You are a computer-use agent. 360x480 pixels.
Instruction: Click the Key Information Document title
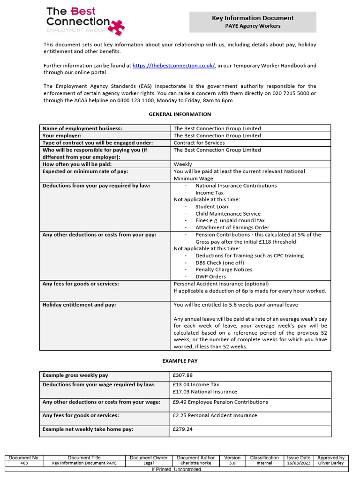253,18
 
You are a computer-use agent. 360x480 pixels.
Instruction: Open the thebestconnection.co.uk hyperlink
174,66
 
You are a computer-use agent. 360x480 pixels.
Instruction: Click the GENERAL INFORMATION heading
180,114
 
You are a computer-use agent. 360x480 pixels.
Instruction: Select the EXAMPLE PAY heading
180,361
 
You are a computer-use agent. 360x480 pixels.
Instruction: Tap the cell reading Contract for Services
199,142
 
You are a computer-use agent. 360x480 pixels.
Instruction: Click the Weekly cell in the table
183,164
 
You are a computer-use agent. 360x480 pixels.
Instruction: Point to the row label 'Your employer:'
62,135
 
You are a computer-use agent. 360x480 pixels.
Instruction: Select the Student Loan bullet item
211,206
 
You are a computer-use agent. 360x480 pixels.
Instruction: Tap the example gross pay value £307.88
183,375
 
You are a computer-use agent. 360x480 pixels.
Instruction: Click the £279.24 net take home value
183,429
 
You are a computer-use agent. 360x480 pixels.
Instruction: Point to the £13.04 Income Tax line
196,384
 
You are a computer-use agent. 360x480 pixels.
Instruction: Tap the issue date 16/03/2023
299,463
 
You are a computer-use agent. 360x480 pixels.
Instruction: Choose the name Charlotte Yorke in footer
195,463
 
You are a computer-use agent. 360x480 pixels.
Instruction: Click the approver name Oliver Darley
330,463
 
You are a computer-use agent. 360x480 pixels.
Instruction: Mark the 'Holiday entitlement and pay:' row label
79,305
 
